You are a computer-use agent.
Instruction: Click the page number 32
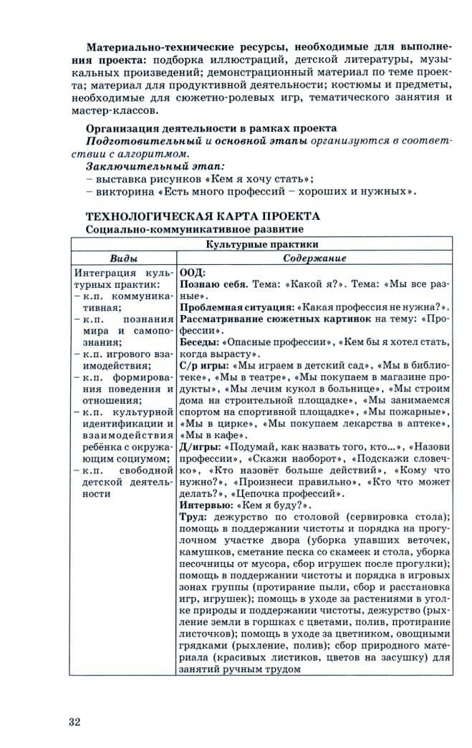74,721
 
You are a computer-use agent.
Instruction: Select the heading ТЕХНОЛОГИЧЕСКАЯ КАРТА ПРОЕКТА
203,216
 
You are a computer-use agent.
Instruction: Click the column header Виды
123,258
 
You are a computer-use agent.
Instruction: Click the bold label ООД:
192,272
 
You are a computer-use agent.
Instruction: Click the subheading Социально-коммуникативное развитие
193,230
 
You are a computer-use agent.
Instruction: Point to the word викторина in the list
125,191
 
